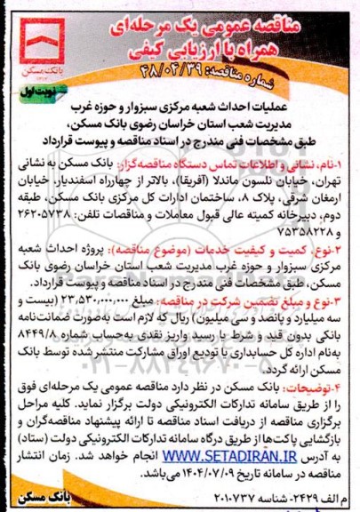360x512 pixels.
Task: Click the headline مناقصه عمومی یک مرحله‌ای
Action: (x=206, y=16)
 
